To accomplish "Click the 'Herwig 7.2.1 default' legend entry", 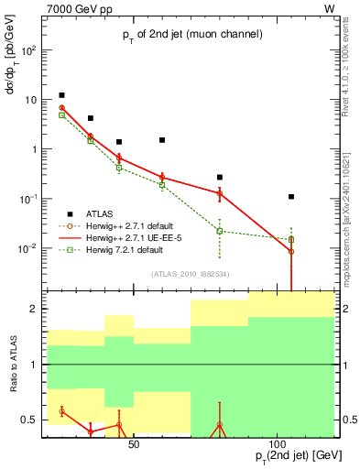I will click(x=125, y=249).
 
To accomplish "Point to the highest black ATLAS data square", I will click(x=61, y=95).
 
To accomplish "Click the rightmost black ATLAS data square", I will click(x=291, y=196).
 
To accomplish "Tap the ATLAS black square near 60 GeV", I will click(x=162, y=140).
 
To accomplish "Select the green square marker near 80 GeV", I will click(x=220, y=231).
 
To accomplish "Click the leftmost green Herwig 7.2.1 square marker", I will click(x=61, y=115).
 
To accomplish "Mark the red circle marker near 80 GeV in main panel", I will click(x=220, y=193).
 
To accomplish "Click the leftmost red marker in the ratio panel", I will click(x=61, y=411).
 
